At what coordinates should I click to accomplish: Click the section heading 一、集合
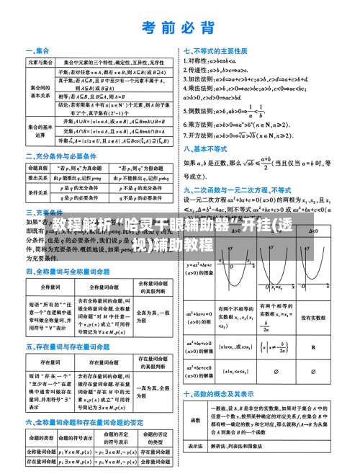coord(37,51)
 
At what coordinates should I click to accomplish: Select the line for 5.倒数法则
coord(223,111)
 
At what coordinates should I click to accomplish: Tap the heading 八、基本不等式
coord(208,151)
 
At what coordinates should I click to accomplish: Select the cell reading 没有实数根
coord(313,318)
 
